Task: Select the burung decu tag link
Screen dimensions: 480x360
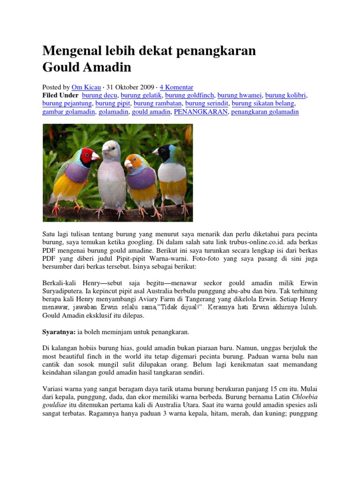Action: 99,95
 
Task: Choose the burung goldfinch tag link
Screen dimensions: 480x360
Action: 188,95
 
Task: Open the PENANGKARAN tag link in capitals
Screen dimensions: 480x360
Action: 201,112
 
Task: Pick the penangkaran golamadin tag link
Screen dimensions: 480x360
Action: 265,112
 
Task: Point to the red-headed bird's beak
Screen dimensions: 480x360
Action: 95,156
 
